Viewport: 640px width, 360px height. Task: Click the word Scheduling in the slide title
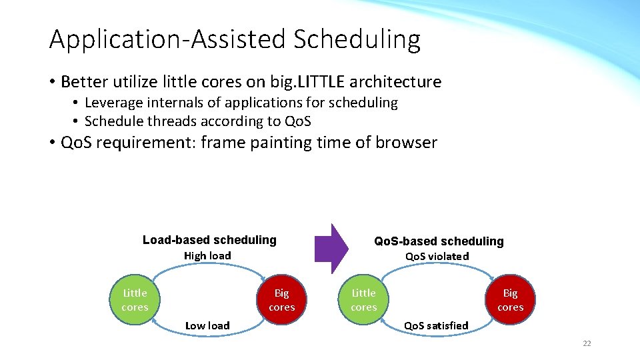point(357,40)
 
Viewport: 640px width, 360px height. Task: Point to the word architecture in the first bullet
point(395,82)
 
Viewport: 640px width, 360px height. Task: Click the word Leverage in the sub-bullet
point(113,103)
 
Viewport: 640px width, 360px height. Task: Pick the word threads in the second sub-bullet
point(172,121)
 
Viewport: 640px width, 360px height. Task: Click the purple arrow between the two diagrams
point(331,249)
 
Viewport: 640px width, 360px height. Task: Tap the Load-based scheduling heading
point(209,239)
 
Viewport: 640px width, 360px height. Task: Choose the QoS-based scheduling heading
point(439,241)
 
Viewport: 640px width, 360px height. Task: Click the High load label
point(207,256)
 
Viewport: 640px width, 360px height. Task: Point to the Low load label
point(207,326)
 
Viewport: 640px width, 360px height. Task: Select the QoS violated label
point(437,256)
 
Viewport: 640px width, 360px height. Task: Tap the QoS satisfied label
point(436,326)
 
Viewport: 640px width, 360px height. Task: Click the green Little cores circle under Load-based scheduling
point(135,299)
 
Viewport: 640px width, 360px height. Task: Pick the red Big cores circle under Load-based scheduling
point(281,299)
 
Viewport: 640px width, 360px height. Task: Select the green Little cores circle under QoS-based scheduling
point(364,299)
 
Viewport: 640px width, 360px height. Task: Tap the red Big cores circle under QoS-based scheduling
point(510,299)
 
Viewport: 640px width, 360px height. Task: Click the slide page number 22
point(587,343)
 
